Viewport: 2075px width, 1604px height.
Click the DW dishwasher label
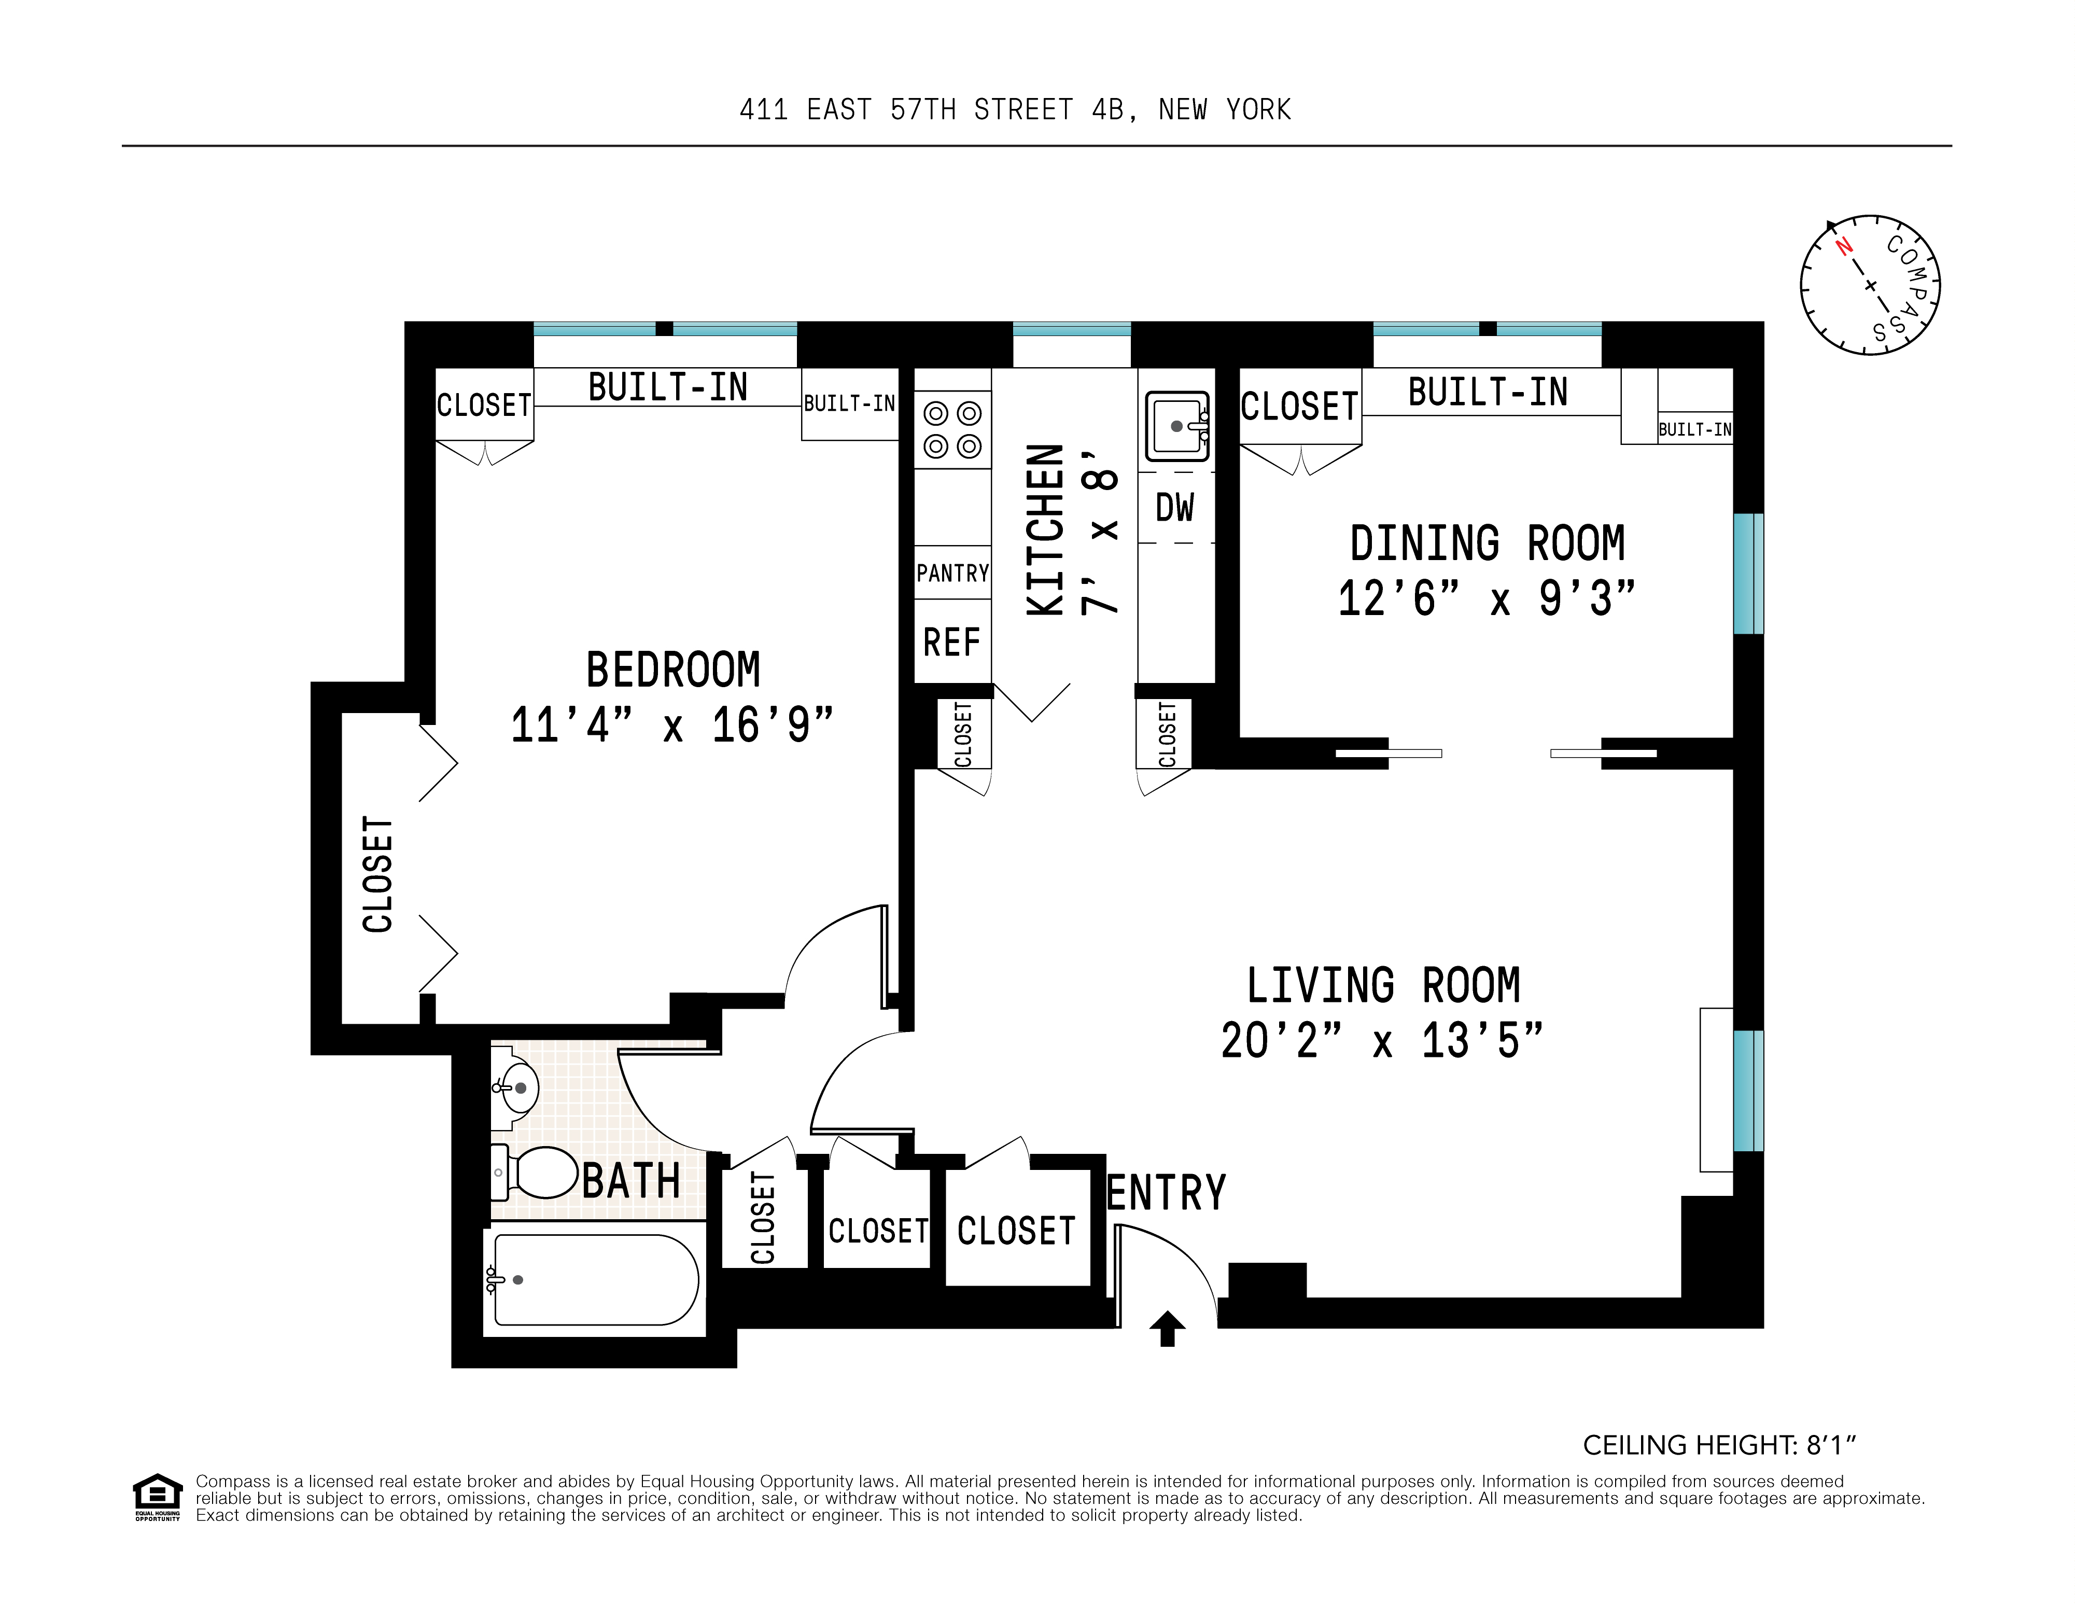point(1174,507)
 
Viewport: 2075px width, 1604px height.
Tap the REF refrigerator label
point(951,643)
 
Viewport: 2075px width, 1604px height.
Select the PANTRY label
point(952,573)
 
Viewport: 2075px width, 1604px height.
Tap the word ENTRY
point(1167,1193)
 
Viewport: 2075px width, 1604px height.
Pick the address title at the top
point(1015,110)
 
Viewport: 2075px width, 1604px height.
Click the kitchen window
point(1072,330)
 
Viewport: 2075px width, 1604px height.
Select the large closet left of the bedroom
point(378,874)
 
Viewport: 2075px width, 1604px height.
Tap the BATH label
point(631,1182)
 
